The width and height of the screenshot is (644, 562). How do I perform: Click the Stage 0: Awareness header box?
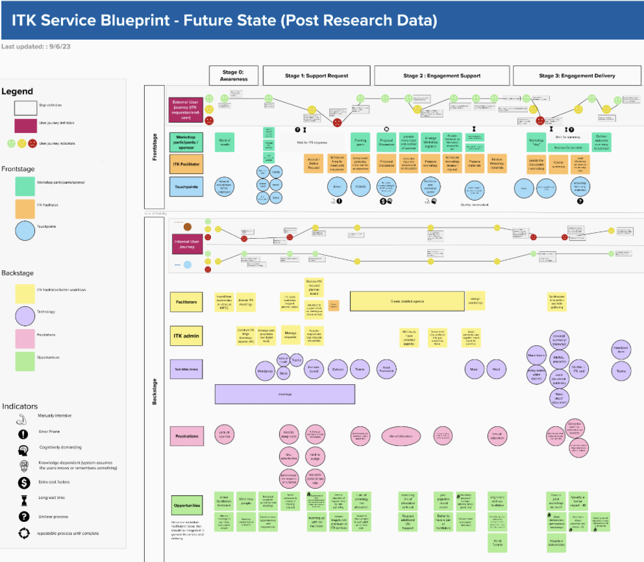point(234,75)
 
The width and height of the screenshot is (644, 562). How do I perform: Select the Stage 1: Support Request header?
point(316,75)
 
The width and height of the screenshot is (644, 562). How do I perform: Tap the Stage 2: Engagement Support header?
point(442,75)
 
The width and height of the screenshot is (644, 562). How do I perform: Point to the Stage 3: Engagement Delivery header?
point(577,75)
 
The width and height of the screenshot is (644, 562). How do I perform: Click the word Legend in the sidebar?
point(18,92)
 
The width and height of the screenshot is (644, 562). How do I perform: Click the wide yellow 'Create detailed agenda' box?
point(407,301)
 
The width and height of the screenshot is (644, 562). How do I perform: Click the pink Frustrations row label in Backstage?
point(186,435)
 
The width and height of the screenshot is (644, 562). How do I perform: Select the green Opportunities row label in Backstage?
point(186,504)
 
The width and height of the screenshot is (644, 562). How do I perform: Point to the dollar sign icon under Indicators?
point(24,482)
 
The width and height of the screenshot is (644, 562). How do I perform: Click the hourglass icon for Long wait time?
point(24,499)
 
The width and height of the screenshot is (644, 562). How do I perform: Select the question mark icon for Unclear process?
point(24,517)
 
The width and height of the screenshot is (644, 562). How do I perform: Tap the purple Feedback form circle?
point(621,350)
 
